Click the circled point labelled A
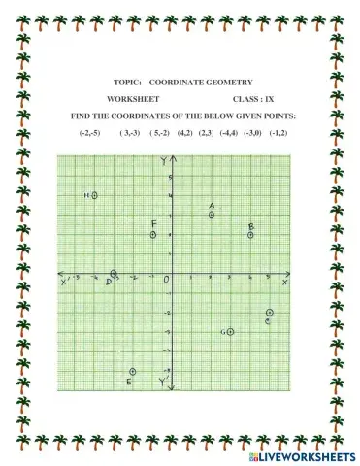click(212, 215)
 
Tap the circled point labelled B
click(250, 234)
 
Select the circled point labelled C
click(270, 312)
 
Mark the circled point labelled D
click(114, 274)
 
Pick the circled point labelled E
click(133, 371)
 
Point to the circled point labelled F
click(153, 234)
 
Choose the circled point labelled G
click(231, 332)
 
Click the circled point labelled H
click(95, 195)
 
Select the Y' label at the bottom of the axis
click(163, 383)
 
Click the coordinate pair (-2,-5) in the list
click(90, 132)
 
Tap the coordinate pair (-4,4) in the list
click(229, 132)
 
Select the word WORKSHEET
click(131, 100)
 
